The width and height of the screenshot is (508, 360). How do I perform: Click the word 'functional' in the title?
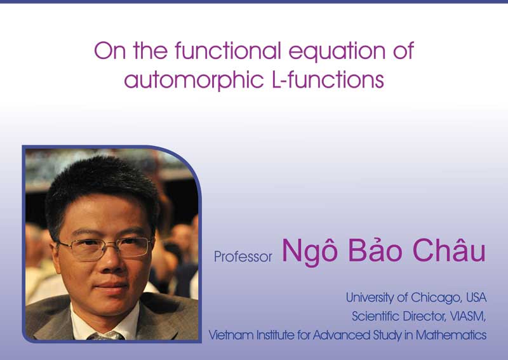coord(228,51)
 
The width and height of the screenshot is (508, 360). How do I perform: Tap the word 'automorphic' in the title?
coord(194,81)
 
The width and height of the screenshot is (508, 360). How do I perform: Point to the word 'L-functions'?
coord(328,79)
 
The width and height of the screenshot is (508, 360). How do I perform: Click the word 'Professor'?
coord(243,257)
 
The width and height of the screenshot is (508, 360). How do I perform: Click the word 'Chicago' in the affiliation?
coord(437,298)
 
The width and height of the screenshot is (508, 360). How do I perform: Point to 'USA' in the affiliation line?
coord(476,298)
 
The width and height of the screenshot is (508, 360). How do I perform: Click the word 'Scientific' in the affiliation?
coord(375,316)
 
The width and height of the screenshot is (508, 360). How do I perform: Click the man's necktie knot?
coord(106,336)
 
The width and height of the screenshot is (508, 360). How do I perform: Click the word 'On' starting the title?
coord(110,51)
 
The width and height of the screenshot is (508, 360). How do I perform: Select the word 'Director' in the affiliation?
coord(424,316)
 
